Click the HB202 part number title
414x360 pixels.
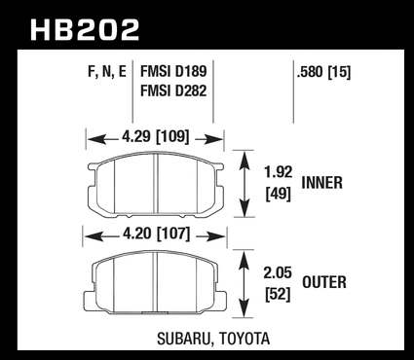85,30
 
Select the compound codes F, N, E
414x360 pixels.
107,72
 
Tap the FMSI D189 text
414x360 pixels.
173,71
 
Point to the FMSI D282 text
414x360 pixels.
173,90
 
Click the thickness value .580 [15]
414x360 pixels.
323,72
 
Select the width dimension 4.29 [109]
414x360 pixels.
155,137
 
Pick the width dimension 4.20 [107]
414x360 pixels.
156,234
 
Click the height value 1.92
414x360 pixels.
278,172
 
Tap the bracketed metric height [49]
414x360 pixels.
278,194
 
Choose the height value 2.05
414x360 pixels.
278,272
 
